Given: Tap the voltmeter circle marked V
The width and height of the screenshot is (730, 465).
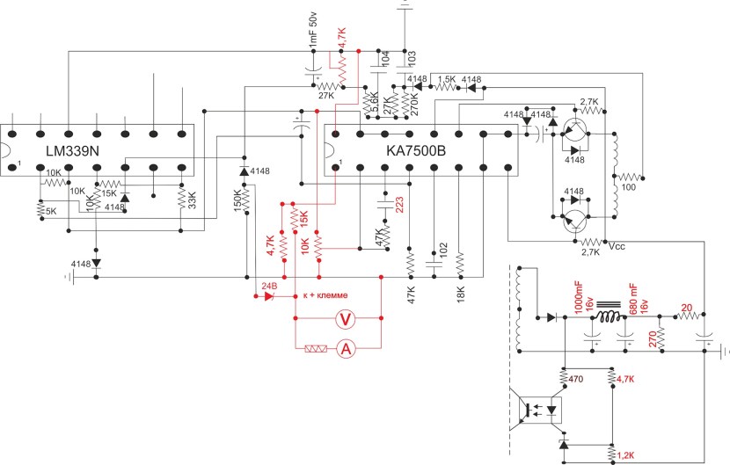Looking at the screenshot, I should [x=346, y=320].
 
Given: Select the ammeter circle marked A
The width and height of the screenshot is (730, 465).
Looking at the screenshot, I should [x=346, y=349].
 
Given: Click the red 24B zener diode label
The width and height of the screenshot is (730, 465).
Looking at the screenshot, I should [x=268, y=286].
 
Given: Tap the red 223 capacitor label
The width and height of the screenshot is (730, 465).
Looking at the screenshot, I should [x=399, y=206].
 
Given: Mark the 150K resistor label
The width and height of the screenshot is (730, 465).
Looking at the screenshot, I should [x=237, y=205].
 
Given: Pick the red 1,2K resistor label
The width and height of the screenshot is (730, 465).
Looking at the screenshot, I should [x=626, y=455].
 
